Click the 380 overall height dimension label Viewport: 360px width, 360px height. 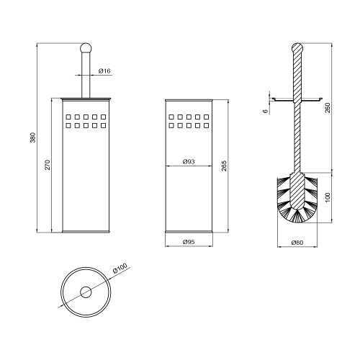coord(33,138)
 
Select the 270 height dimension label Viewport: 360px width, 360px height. coord(48,165)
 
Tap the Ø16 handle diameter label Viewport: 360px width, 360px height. coord(104,71)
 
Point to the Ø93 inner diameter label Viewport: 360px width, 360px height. coord(189,162)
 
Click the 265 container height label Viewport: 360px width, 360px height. coord(224,166)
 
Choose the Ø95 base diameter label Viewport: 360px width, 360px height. coord(189,242)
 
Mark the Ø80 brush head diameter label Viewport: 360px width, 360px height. coord(297,243)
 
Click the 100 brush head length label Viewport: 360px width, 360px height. coord(328,197)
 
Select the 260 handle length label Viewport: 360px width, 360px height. coord(328,107)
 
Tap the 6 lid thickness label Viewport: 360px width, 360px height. coord(265,111)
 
